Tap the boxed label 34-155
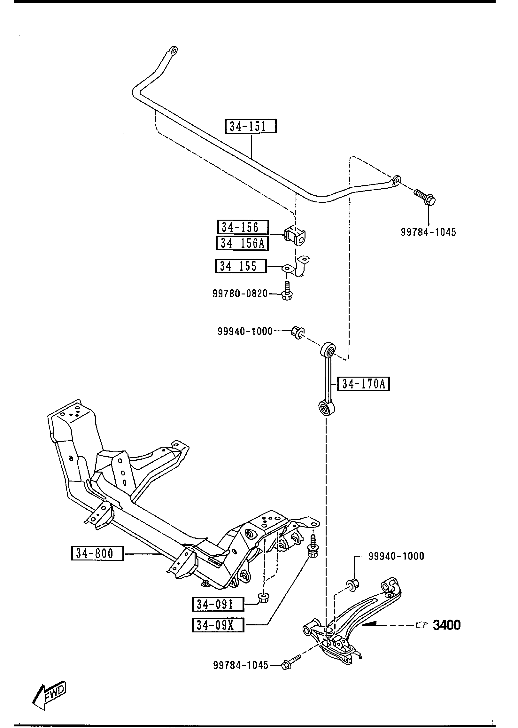pos(241,266)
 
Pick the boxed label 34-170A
pos(364,384)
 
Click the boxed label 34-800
pos(97,553)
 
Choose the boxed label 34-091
pos(218,604)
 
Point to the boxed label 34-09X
pos(218,625)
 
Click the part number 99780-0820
pos(240,294)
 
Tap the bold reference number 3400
pos(447,625)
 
